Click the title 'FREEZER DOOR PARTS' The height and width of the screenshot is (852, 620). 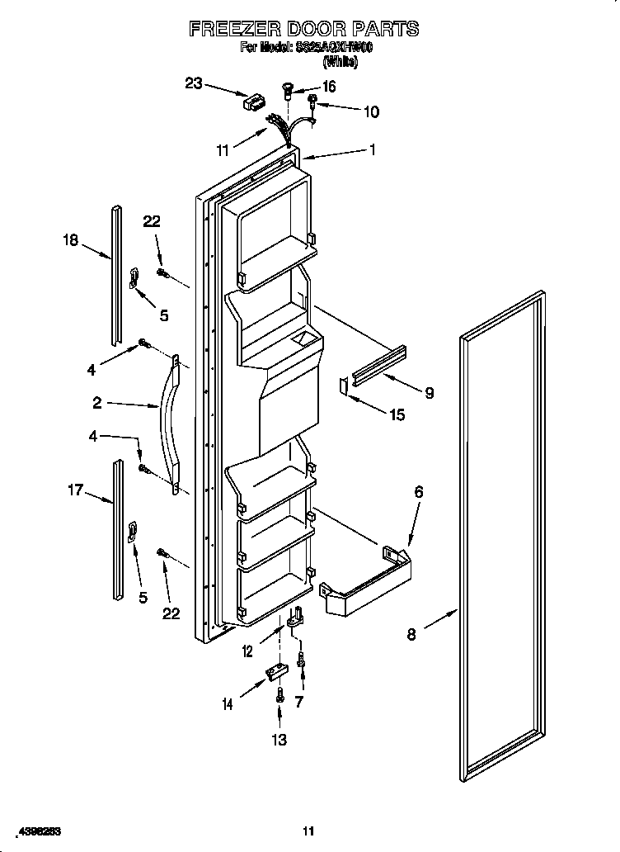[x=304, y=29]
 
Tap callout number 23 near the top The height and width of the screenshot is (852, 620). [x=193, y=83]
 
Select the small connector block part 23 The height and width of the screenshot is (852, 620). [x=253, y=103]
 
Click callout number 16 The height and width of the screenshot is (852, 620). [x=328, y=87]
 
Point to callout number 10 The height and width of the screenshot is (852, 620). [x=371, y=111]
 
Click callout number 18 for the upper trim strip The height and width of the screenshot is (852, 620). [x=70, y=241]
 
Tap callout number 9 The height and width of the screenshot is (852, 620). [x=429, y=394]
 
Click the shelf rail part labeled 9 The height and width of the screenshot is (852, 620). [x=379, y=362]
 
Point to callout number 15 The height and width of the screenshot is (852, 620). [x=397, y=415]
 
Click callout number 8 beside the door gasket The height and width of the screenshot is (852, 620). [x=411, y=634]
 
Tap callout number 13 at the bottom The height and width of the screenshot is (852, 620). [x=279, y=740]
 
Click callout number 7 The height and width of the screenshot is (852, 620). [x=299, y=702]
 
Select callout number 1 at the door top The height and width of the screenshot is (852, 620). [x=373, y=150]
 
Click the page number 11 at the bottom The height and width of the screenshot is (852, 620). [x=308, y=831]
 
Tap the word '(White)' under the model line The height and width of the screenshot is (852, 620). [x=341, y=60]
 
